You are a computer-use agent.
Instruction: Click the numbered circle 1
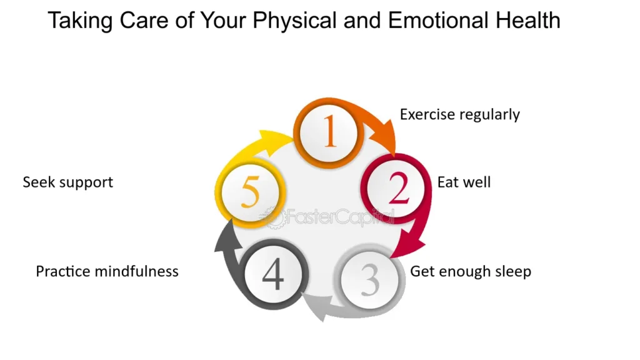tap(329, 133)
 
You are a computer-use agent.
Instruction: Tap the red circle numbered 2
tap(396, 188)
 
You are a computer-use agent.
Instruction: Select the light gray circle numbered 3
tap(370, 279)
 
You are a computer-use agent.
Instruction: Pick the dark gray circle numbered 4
tap(273, 274)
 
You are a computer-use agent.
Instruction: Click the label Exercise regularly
tap(459, 115)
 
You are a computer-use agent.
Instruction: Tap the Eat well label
tap(464, 182)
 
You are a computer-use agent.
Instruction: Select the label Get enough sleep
tap(471, 271)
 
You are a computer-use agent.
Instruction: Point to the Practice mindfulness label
tap(107, 271)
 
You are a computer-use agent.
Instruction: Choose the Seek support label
tap(67, 182)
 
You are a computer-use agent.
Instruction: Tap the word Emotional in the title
tap(438, 20)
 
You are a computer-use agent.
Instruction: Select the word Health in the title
tap(527, 20)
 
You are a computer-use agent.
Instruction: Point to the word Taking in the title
tap(80, 21)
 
